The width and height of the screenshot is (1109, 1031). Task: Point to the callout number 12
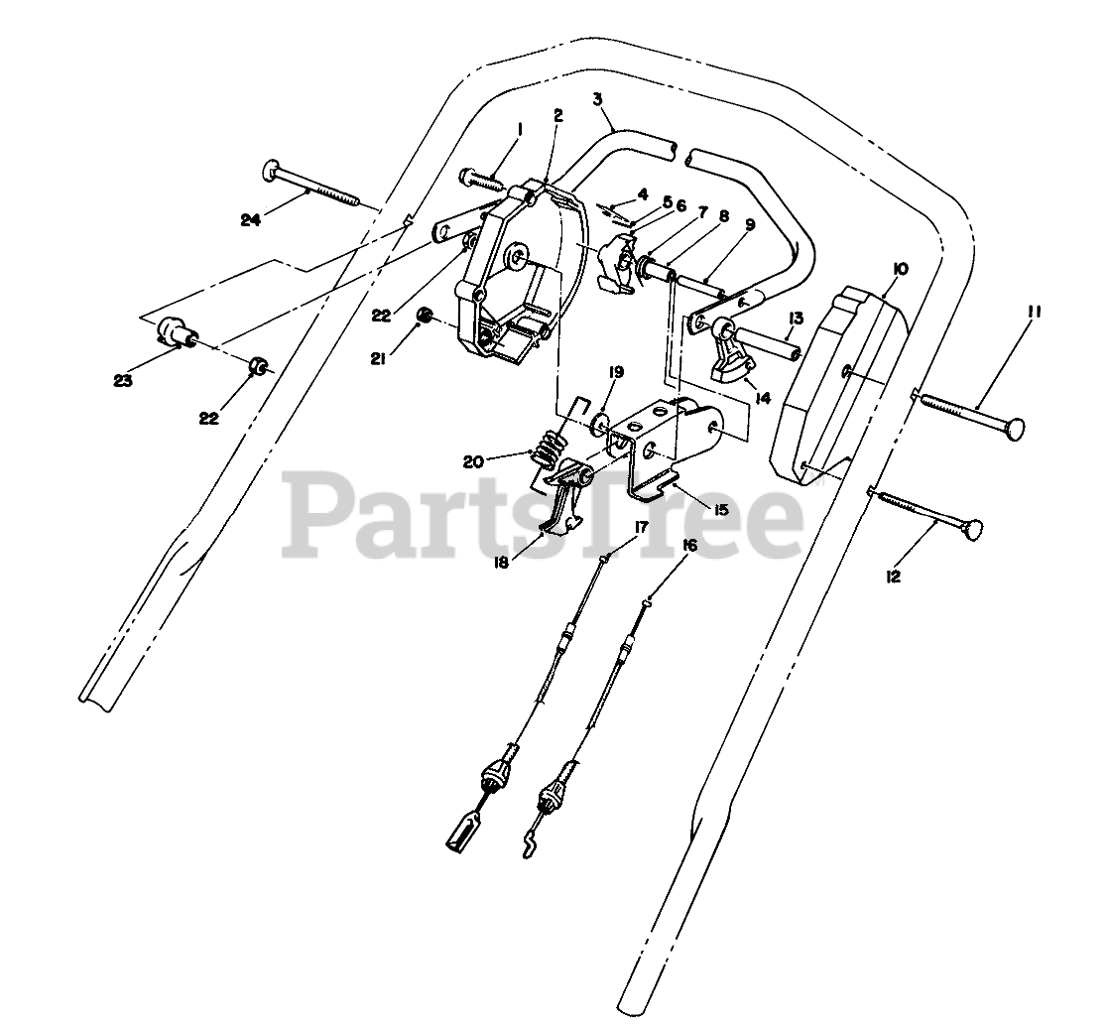coord(894,576)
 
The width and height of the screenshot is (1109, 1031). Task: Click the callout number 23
coord(123,380)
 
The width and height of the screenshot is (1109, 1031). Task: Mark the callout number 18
coord(502,562)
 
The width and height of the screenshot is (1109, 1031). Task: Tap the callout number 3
coord(598,99)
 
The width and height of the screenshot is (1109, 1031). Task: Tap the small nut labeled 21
coord(426,317)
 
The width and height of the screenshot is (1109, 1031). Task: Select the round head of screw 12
coord(972,531)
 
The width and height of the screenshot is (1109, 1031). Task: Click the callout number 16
coord(690,545)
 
